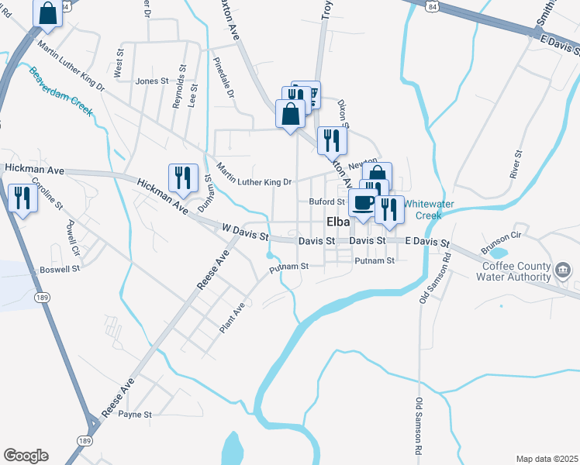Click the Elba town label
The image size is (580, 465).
coord(340,221)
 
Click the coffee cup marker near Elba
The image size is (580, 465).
coord(362,204)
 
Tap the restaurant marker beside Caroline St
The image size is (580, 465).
coord(22,198)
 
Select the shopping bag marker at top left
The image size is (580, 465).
coord(47,13)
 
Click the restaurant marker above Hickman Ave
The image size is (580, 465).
coord(183,177)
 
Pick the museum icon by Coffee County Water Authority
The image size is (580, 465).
coord(564,270)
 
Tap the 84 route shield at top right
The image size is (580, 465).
coord(431,5)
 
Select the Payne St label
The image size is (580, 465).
coord(135,415)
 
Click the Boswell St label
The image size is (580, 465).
coord(60,270)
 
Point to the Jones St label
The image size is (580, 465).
coord(152,81)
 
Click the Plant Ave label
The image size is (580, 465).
coord(232,318)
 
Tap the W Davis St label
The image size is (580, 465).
coord(244,232)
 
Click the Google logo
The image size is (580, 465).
coord(26,456)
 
